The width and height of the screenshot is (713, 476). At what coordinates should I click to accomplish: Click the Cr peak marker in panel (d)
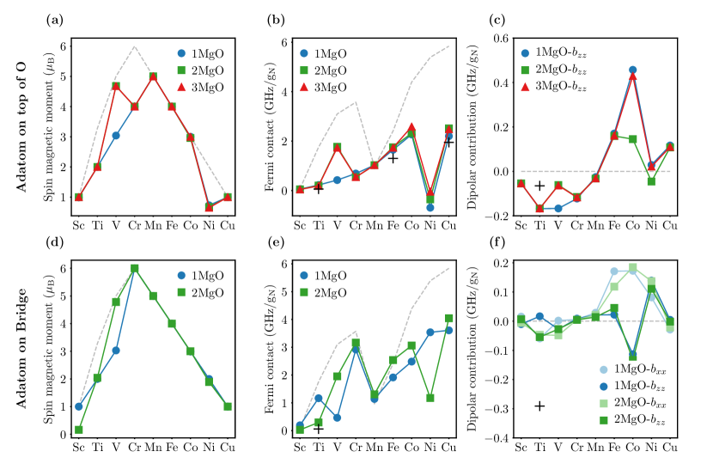pos(134,268)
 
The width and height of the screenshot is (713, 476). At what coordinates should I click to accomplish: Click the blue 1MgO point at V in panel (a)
pos(115,136)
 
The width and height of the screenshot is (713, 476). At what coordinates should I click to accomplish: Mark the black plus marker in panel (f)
pos(539,406)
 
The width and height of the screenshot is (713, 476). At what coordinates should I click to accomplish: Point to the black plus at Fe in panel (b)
pos(393,157)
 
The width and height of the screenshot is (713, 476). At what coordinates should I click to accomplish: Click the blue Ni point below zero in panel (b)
pos(430,208)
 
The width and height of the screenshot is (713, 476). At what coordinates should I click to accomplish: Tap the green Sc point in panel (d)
pos(78,430)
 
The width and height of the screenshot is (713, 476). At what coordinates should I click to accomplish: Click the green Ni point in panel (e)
pos(430,398)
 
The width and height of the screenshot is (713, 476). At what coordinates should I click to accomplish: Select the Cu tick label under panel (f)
pos(669,448)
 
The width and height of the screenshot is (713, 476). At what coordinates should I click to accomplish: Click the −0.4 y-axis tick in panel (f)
pos(494,437)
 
